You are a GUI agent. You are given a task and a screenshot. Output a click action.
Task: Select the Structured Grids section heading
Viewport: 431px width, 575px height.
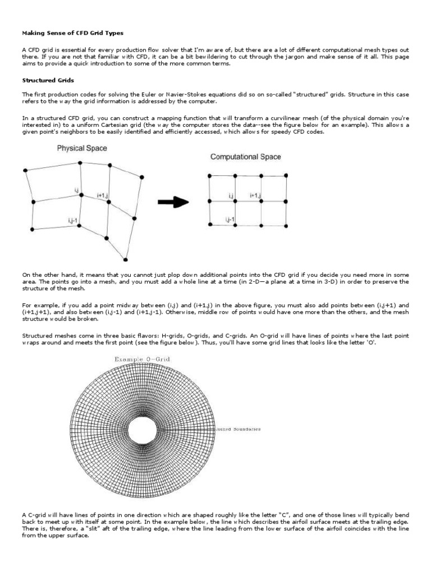[43, 80]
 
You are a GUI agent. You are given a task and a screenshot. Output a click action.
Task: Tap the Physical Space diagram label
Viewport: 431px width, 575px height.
[82, 149]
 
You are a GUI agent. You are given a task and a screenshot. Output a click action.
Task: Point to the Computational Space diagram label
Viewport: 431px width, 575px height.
[246, 157]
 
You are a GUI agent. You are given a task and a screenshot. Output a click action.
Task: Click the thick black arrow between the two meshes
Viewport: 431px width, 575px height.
[173, 203]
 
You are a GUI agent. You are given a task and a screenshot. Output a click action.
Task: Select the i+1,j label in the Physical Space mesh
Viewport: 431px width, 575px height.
[103, 195]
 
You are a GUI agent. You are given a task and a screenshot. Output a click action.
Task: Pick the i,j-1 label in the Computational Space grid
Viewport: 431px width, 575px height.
[230, 218]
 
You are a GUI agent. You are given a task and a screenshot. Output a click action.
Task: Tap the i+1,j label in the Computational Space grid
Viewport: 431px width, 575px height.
[256, 195]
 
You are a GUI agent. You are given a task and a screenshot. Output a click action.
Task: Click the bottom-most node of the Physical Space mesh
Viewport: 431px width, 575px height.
[126, 259]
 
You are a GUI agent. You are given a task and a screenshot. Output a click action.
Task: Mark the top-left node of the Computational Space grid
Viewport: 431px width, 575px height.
[210, 176]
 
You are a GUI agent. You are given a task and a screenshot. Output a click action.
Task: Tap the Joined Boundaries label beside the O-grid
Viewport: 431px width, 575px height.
[237, 429]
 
